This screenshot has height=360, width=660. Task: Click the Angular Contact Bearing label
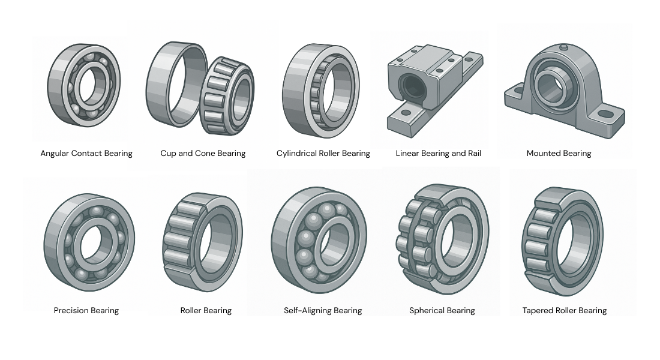86,154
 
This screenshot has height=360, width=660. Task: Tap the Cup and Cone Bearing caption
203,154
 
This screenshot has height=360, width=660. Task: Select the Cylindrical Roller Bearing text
323,154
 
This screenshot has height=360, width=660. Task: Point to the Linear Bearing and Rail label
439,154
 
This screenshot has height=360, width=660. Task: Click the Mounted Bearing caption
559,154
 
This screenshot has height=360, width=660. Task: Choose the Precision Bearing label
86,311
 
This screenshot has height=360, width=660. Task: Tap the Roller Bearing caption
206,311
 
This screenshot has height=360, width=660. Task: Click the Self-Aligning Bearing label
323,311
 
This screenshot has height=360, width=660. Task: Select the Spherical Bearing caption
442,311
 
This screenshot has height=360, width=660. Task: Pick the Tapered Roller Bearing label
565,311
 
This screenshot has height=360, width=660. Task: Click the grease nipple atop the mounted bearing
562,47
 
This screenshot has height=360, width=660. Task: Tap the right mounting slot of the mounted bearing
606,113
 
